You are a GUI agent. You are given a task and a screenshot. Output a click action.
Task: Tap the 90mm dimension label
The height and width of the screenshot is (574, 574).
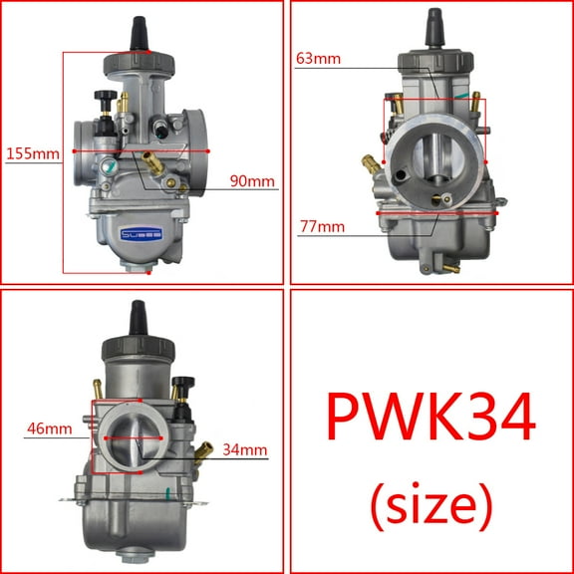[252, 180]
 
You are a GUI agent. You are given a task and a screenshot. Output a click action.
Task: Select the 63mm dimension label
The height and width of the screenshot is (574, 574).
[319, 58]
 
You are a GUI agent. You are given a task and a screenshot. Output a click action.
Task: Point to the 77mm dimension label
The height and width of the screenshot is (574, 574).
[321, 226]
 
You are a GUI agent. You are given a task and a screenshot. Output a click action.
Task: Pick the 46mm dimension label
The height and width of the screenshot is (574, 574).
[49, 430]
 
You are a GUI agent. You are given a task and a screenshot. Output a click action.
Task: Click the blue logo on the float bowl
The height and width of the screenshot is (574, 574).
[140, 235]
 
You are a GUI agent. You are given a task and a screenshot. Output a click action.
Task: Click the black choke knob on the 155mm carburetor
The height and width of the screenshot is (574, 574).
[102, 98]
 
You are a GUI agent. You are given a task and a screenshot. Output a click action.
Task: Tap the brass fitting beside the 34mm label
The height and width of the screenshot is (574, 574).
[202, 452]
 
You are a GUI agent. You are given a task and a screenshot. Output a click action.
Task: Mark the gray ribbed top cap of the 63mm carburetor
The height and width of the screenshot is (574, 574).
[434, 59]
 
